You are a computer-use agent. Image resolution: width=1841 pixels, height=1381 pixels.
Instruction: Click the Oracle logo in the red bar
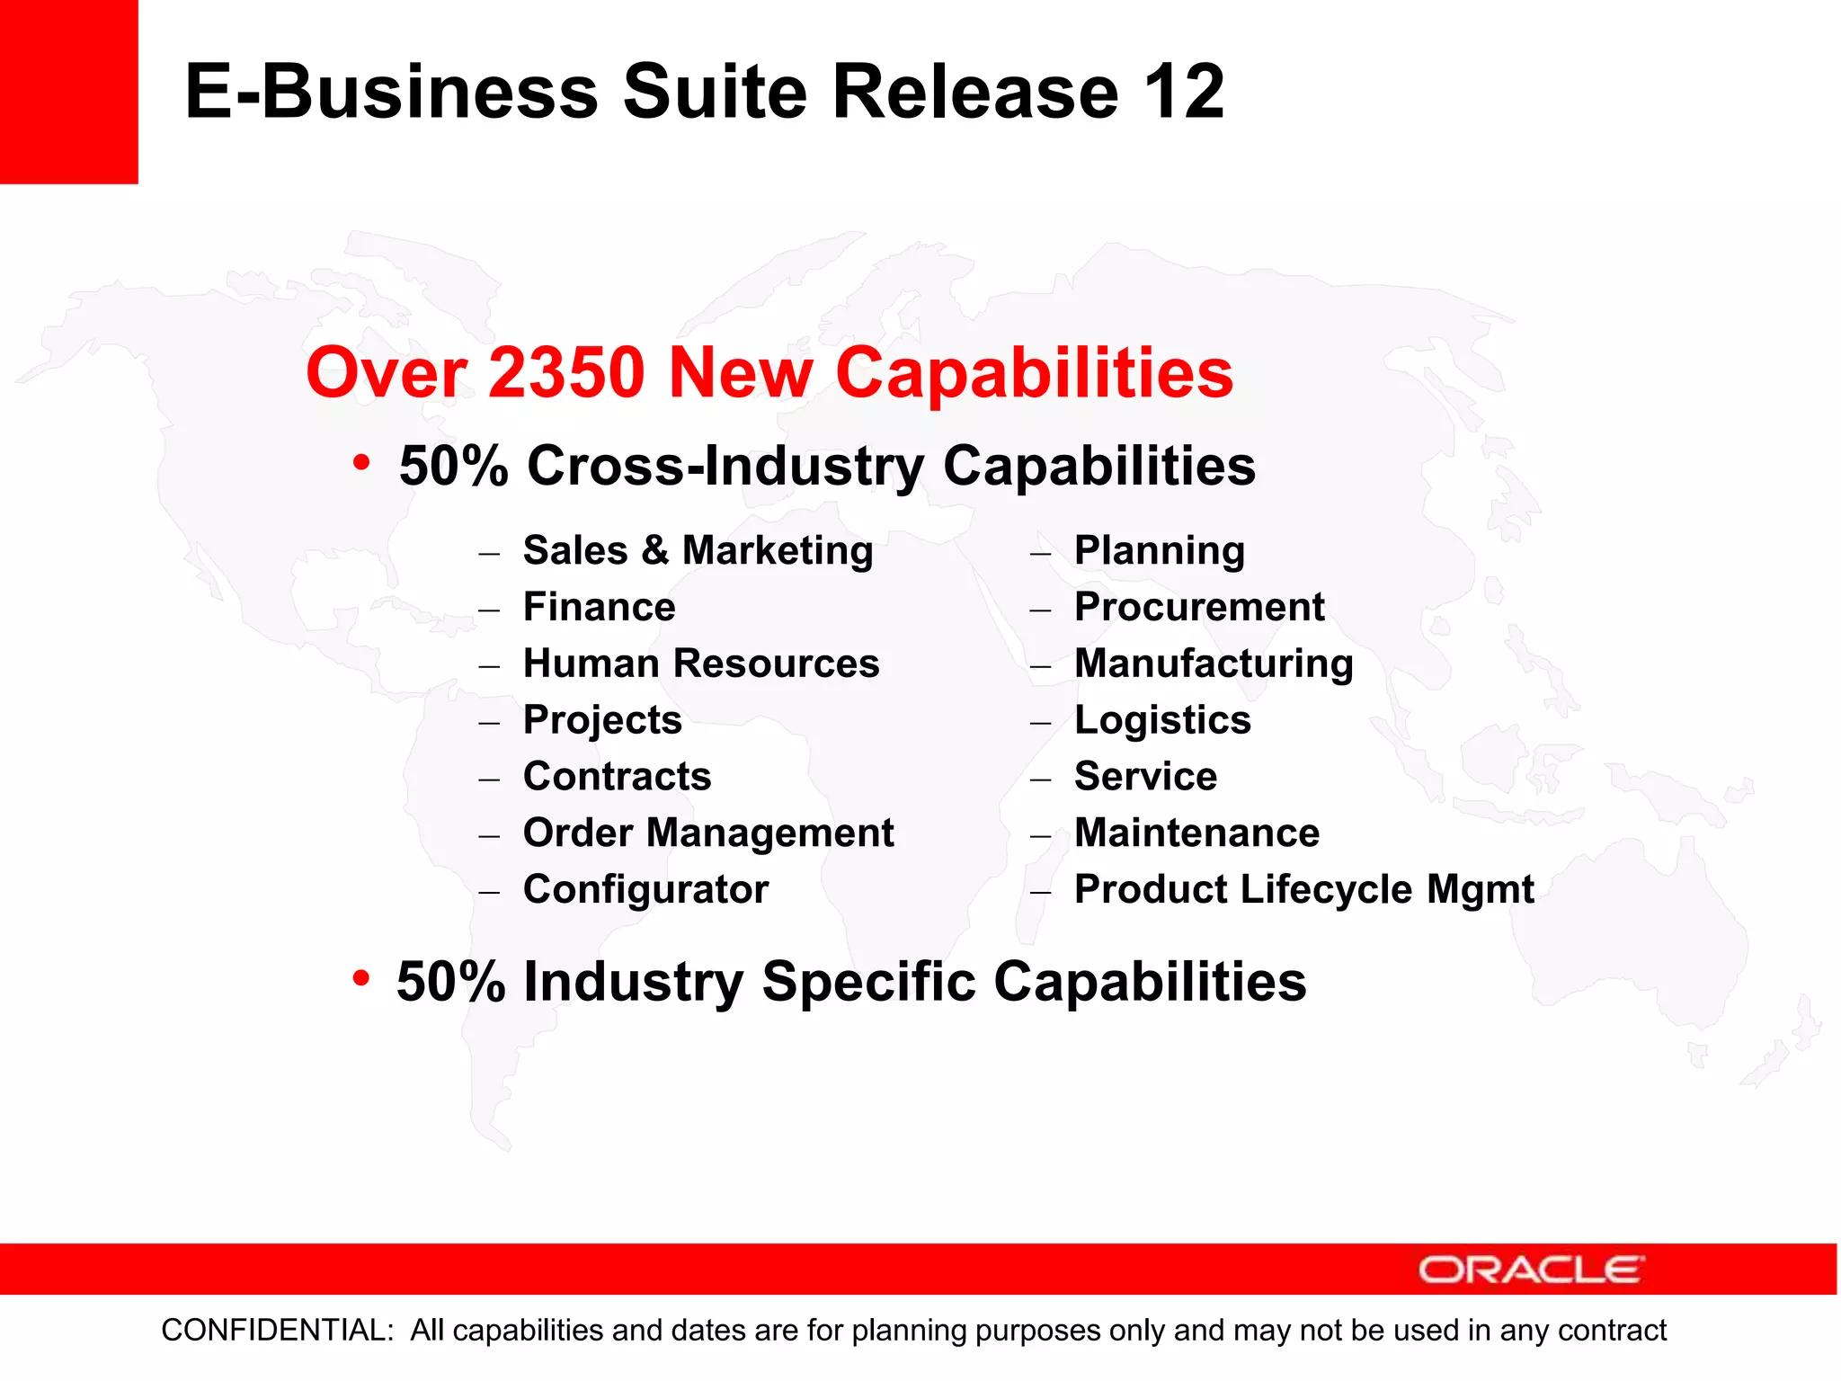1531,1270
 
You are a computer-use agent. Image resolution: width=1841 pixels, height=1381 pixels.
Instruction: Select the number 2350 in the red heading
566,372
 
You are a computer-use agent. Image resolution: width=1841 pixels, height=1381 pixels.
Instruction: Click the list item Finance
599,607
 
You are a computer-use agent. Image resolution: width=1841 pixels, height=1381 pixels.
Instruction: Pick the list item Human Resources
701,664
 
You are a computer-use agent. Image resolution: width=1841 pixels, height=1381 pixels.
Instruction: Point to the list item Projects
602,720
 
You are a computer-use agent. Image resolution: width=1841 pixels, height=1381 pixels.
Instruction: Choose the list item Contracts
617,777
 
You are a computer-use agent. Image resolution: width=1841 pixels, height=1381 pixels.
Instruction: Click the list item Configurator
645,890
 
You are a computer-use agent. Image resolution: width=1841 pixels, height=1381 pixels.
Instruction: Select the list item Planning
1160,550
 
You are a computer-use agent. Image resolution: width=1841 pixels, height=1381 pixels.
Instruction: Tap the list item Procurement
1199,607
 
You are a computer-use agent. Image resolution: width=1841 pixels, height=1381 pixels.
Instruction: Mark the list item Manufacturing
1214,664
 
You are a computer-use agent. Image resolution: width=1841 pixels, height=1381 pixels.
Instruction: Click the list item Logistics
1162,720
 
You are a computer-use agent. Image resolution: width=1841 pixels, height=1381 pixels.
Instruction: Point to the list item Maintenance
1196,833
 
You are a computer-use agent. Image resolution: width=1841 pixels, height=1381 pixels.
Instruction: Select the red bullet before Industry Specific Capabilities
361,977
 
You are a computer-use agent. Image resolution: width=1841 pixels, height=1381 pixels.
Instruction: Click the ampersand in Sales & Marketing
654,550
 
